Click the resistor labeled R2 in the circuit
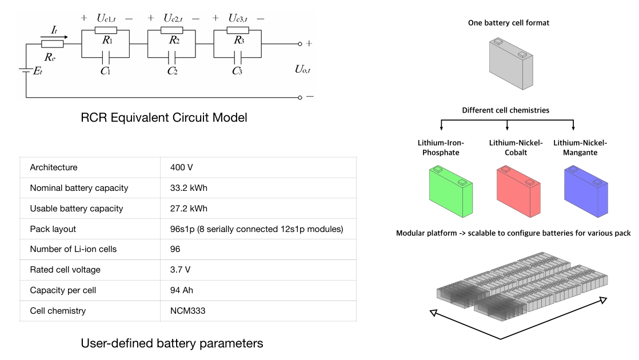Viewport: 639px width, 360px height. [171, 30]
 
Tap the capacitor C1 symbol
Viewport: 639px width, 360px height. [106, 57]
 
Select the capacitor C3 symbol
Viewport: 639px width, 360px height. [238, 57]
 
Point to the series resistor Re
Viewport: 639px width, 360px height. [52, 43]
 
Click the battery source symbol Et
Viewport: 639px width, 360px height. [26, 70]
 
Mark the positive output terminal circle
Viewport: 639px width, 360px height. [300, 44]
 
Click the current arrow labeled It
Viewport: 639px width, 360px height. [54, 37]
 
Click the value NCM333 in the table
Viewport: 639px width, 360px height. [188, 311]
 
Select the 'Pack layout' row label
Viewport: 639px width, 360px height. [53, 229]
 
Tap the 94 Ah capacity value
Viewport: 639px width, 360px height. [182, 290]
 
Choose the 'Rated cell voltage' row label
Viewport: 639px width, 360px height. [65, 270]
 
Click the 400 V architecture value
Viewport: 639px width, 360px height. [182, 167]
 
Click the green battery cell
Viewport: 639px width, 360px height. [451, 191]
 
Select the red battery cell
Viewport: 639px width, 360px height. [518, 191]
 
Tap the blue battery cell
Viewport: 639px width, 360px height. [586, 191]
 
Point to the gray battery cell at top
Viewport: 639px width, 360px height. [511, 63]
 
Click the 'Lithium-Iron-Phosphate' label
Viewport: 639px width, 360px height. [441, 147]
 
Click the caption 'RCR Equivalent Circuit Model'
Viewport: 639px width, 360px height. [164, 117]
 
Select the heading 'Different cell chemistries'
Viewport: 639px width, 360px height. [506, 110]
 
